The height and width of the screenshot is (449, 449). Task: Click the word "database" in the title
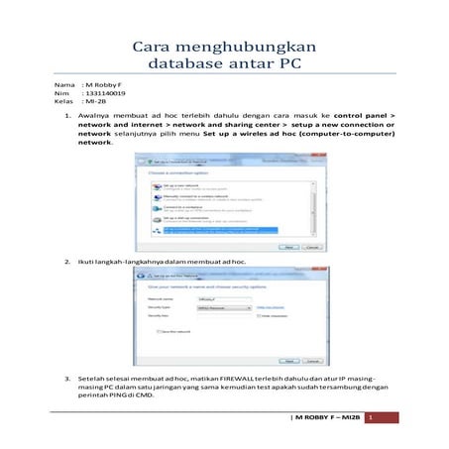click(x=186, y=66)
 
